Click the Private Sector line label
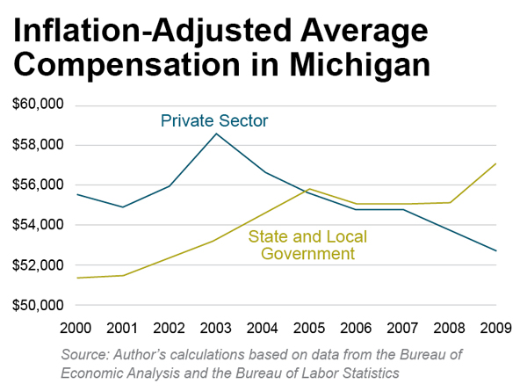coord(214,120)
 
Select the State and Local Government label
coord(307,245)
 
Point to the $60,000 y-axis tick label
coord(39,105)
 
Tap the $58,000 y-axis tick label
coord(39,145)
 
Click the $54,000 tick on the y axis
coord(39,225)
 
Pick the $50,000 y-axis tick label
coord(39,306)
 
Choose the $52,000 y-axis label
coord(39,265)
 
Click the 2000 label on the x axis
coord(77,329)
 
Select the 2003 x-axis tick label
coord(217,329)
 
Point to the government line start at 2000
coord(78,278)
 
